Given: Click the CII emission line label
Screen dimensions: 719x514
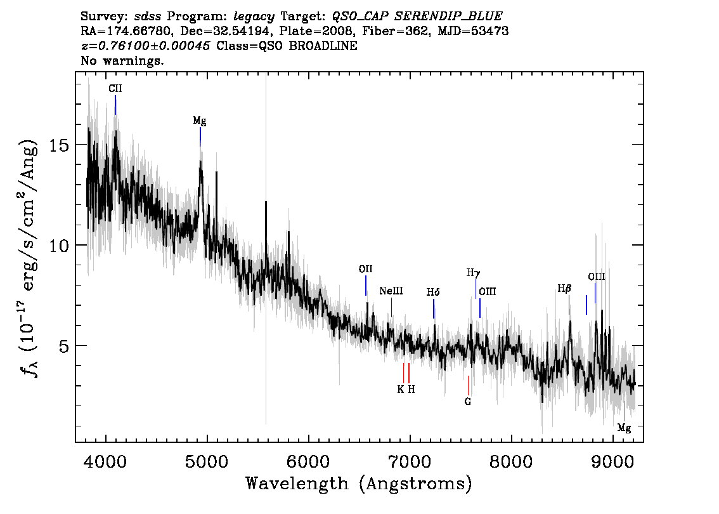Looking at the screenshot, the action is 115,89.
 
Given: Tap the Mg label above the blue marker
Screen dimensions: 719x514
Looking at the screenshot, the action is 200,121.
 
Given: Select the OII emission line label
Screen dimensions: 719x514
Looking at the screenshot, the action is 365,269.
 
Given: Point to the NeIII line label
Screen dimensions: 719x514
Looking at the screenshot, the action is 391,291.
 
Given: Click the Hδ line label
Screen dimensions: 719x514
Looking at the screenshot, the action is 433,292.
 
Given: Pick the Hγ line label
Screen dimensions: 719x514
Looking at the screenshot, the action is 473,273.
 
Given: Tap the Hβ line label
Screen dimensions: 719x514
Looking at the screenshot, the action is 564,289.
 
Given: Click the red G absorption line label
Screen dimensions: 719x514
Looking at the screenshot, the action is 468,402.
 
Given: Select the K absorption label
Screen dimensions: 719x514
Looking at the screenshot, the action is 401,389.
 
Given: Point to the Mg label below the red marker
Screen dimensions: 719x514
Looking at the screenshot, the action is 624,428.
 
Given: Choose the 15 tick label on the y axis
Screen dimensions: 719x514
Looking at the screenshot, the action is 58,145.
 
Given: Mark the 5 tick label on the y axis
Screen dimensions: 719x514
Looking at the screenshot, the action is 63,346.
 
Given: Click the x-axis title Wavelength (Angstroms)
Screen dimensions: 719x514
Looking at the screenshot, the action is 359,484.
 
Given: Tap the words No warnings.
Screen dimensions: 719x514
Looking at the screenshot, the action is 122,60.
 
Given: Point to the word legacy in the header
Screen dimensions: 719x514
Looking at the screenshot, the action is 254,17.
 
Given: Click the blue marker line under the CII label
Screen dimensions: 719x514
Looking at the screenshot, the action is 115,105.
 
